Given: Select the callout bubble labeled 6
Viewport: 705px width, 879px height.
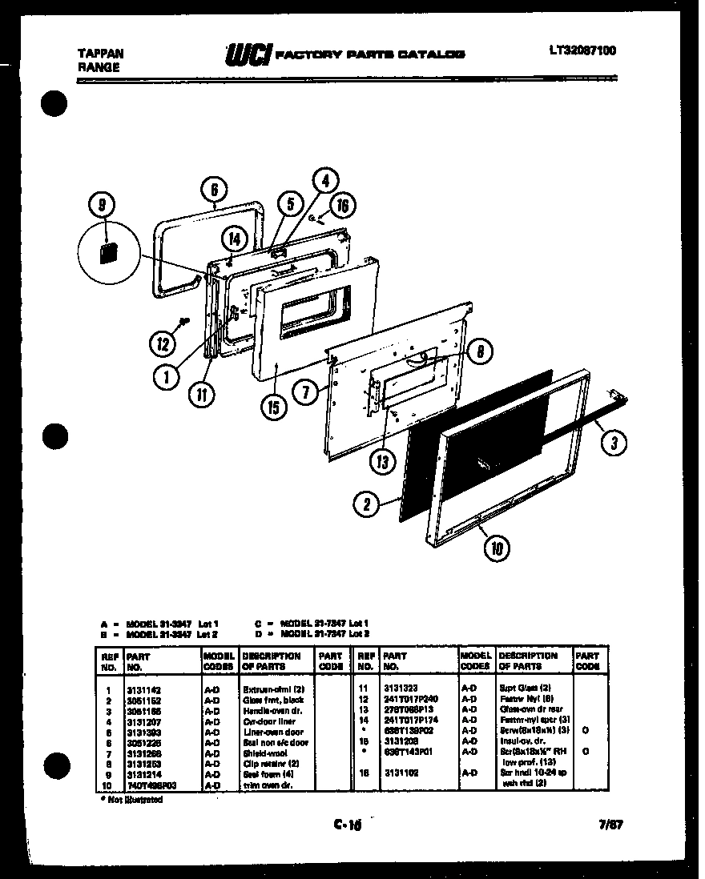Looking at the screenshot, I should click(x=213, y=190).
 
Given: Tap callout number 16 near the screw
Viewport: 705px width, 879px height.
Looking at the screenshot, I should click(x=342, y=206).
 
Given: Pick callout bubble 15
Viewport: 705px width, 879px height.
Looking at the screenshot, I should click(x=275, y=407).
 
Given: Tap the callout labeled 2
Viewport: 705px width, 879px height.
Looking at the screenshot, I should click(x=366, y=504).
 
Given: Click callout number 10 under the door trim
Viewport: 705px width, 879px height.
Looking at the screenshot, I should click(x=497, y=548).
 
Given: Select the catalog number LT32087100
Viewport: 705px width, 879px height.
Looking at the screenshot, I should click(x=582, y=50).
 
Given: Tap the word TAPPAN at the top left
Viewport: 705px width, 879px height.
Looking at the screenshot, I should click(x=100, y=53).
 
